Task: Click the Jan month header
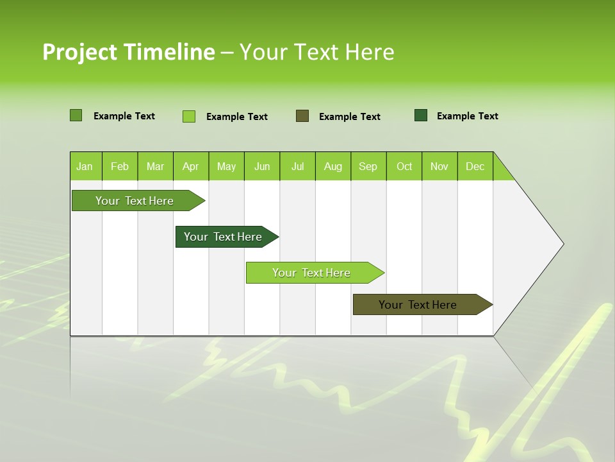tap(85, 166)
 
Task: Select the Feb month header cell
tap(120, 166)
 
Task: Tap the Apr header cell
tap(190, 166)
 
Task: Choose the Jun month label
tap(262, 166)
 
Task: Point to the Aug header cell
tap(332, 166)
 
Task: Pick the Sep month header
tap(368, 166)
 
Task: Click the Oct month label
tap(404, 166)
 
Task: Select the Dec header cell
tap(475, 166)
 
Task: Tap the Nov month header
tap(439, 166)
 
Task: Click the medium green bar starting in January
tap(135, 201)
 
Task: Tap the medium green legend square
tap(76, 116)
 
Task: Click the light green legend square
tap(188, 116)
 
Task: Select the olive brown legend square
tap(302, 116)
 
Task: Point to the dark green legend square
tap(421, 116)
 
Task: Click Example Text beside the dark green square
tap(467, 116)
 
